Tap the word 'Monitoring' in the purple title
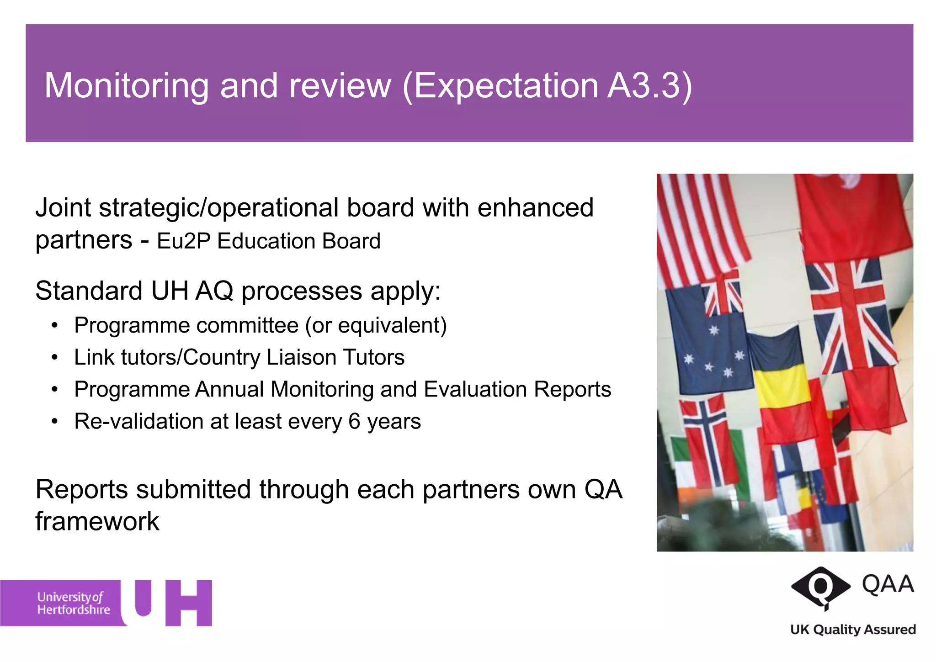127,86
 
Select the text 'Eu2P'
183,241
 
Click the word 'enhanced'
535,208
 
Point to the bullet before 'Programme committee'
55,326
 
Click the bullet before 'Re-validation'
55,421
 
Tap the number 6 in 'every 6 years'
354,421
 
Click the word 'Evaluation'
475,389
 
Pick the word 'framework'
97,521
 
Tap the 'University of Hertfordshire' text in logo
73,603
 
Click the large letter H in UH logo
188,603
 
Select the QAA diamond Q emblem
820,587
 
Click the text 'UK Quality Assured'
853,630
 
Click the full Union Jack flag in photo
850,315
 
